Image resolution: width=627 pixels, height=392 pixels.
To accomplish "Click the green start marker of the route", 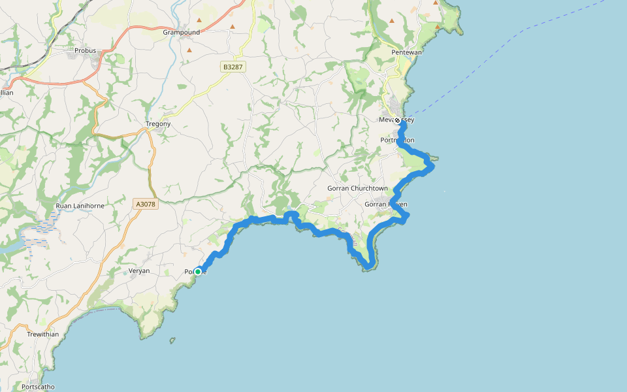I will (x=198, y=271).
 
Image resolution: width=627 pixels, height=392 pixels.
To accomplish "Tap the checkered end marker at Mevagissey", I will (x=397, y=120).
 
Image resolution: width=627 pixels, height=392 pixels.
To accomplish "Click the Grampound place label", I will (x=181, y=31).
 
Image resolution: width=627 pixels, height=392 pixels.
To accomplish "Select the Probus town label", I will (x=85, y=50).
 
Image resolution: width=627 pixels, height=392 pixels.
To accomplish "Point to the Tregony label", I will (x=158, y=123).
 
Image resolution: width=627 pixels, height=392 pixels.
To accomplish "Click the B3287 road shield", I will (x=231, y=67).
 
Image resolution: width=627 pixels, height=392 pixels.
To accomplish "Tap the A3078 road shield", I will (x=146, y=204).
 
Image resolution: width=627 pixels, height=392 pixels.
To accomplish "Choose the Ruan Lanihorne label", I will (x=80, y=206).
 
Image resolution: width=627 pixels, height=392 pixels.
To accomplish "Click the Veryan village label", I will (x=138, y=270).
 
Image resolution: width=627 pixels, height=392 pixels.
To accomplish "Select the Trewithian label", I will (x=43, y=334).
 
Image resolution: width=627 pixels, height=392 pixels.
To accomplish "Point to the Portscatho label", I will (x=38, y=386).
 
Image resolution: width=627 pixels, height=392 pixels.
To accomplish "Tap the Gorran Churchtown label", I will (x=357, y=188).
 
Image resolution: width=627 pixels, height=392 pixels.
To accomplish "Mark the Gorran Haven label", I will (x=385, y=204).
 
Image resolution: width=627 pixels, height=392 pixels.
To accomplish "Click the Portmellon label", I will (x=397, y=140).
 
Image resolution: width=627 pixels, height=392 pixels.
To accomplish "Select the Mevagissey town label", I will (x=396, y=120).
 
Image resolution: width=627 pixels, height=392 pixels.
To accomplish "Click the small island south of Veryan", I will (x=172, y=340).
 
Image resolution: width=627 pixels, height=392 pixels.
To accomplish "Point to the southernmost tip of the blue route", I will (x=370, y=267).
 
